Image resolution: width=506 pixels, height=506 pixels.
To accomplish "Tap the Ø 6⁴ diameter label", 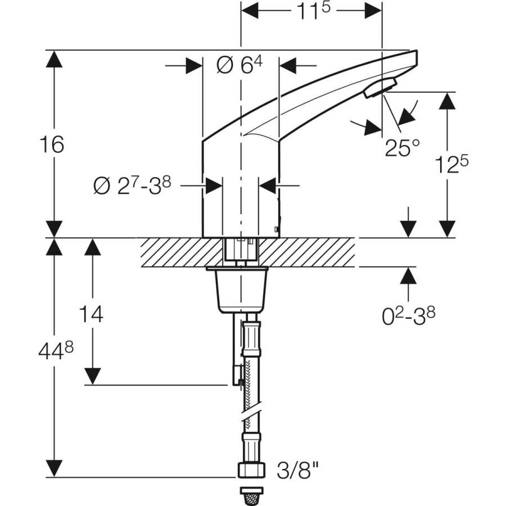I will [x=240, y=65].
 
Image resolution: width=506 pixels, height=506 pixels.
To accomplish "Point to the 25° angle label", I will [x=402, y=148].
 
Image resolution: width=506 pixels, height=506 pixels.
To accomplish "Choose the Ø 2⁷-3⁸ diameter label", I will [x=132, y=186].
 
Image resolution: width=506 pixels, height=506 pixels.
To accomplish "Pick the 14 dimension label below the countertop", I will [x=92, y=314].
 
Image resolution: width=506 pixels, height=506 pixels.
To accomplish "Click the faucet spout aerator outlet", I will [x=380, y=88].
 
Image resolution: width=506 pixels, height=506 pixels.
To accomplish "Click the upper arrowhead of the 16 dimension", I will [x=54, y=59].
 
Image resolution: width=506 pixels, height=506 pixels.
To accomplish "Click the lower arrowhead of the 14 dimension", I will [x=92, y=376].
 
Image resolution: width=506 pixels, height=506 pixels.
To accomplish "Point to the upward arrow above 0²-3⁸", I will [x=409, y=275].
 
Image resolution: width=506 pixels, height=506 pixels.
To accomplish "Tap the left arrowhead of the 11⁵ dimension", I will [x=249, y=10].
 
